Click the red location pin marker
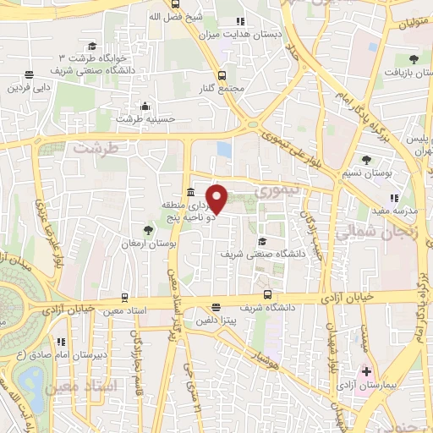pyautogui.click(x=217, y=198)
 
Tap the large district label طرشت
pyautogui.click(x=92, y=147)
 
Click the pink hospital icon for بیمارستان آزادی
pyautogui.click(x=366, y=371)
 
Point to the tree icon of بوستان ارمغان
pyautogui.click(x=149, y=229)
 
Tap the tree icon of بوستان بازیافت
pyautogui.click(x=413, y=59)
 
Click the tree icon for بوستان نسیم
pyautogui.click(x=366, y=160)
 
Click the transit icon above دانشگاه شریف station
pyautogui.click(x=267, y=295)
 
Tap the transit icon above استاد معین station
pyautogui.click(x=125, y=298)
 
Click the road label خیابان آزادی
pyautogui.click(x=354, y=298)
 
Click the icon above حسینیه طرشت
pyautogui.click(x=145, y=107)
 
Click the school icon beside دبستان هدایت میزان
pyautogui.click(x=239, y=22)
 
